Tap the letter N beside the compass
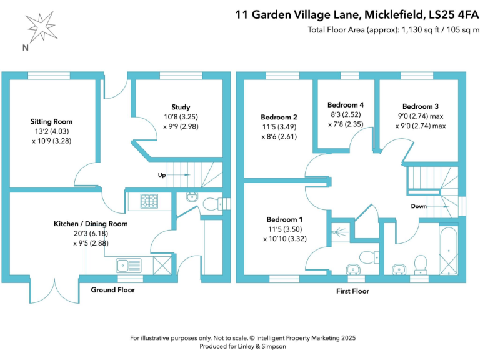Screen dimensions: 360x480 [24, 47]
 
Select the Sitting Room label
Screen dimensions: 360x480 [52, 121]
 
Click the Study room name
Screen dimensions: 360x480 [181, 107]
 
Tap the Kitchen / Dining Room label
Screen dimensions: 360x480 [91, 224]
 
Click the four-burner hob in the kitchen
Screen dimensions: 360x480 [149, 201]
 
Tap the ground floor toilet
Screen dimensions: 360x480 [212, 204]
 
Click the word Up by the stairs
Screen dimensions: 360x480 [161, 176]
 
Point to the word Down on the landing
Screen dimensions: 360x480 [419, 206]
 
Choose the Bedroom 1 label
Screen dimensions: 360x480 [284, 219]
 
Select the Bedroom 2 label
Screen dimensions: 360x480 [278, 117]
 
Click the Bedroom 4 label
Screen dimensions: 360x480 [346, 104]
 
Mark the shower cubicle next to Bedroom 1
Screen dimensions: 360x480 [341, 232]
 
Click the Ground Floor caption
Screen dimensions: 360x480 [112, 290]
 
